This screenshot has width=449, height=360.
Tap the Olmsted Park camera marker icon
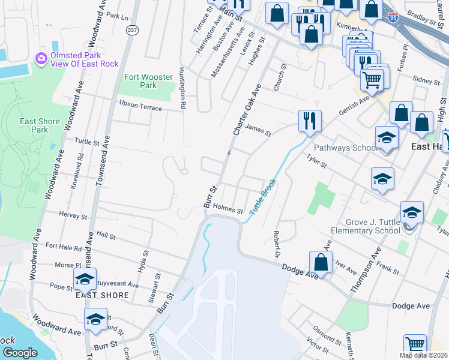(41, 58)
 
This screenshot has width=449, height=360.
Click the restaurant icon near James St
(310, 121)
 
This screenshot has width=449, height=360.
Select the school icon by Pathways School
(387, 137)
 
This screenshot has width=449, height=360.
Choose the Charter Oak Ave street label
(247, 109)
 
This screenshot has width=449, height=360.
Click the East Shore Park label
(40, 125)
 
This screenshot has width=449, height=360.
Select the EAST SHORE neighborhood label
(102, 295)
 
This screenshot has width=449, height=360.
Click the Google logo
(19, 353)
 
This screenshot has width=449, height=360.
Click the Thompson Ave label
(366, 273)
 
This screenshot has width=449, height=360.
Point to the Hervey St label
(73, 214)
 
